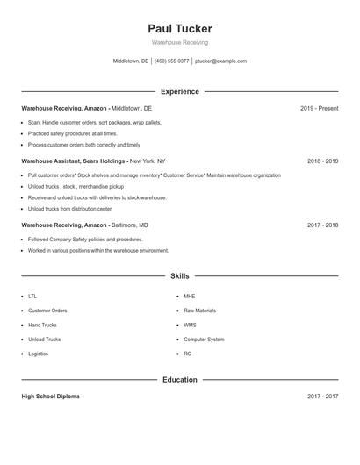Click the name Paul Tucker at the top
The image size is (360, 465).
pyautogui.click(x=179, y=29)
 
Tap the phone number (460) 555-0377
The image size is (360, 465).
pyautogui.click(x=171, y=61)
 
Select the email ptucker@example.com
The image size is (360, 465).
pyautogui.click(x=220, y=61)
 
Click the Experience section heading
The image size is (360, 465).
pyautogui.click(x=179, y=91)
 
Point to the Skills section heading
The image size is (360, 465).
pyautogui.click(x=179, y=275)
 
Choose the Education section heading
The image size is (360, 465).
pyautogui.click(x=179, y=380)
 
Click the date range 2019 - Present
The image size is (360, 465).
pyautogui.click(x=319, y=108)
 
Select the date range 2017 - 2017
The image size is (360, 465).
pyautogui.click(x=322, y=397)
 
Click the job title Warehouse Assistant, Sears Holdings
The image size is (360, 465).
pyautogui.click(x=74, y=161)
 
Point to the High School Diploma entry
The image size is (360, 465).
pyautogui.click(x=50, y=397)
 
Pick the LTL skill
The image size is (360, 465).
pyautogui.click(x=32, y=297)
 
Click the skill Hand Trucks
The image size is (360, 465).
pyautogui.click(x=42, y=325)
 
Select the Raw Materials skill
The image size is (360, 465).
pyautogui.click(x=199, y=311)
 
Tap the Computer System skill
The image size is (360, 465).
pyautogui.click(x=204, y=340)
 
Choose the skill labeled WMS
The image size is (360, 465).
pyautogui.click(x=190, y=325)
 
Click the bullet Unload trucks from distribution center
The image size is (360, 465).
pyautogui.click(x=70, y=209)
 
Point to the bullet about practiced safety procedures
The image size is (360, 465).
pyautogui.click(x=72, y=133)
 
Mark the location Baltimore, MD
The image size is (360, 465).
pyautogui.click(x=130, y=225)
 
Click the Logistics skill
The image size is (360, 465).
pyautogui.click(x=38, y=354)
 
